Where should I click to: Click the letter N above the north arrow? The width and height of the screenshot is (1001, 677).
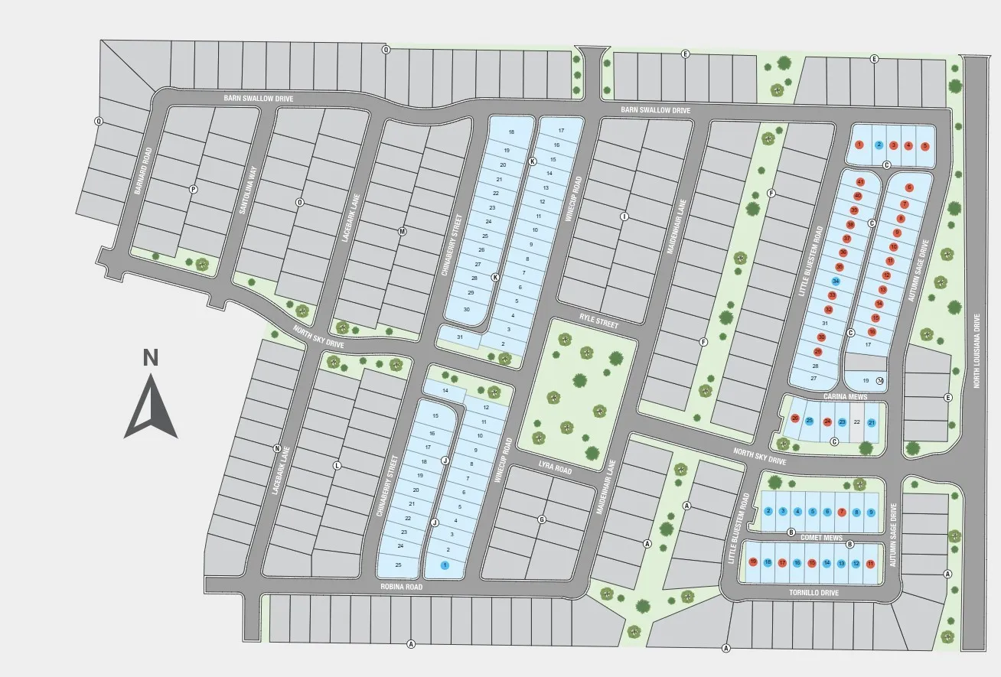[151, 357]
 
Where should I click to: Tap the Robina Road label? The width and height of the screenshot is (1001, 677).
[401, 587]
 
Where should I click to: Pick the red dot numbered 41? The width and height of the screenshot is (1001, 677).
[860, 182]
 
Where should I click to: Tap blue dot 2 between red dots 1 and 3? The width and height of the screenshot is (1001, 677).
[879, 145]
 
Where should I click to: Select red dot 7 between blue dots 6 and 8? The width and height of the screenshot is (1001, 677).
[841, 512]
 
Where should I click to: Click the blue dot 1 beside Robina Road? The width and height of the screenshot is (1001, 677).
[445, 565]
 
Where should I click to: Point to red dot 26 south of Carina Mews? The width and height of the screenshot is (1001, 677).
[795, 418]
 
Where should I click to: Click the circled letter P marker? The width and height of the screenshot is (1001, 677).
[193, 189]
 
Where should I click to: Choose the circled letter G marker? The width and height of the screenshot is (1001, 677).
[542, 520]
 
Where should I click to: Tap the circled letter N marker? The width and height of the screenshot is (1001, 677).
[277, 449]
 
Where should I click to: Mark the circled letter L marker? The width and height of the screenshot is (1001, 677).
[337, 465]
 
